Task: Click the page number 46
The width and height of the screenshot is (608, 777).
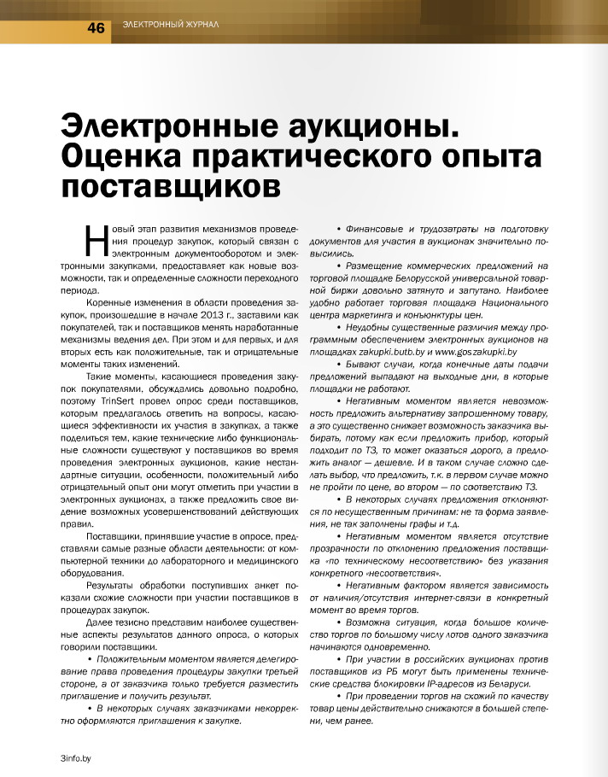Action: point(95,28)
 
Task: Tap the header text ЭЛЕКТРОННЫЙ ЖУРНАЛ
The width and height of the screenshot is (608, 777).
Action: point(171,24)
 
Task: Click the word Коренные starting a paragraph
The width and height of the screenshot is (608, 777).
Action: point(108,303)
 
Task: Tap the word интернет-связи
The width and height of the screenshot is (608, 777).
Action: point(430,597)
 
